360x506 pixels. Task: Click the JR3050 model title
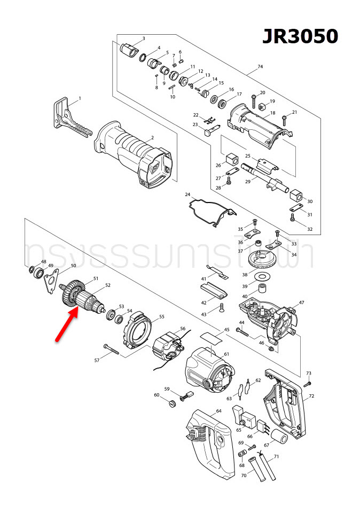(x=300, y=36)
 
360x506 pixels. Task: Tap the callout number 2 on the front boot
(x=152, y=138)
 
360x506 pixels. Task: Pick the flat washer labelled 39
(x=262, y=277)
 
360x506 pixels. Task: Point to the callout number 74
(x=260, y=67)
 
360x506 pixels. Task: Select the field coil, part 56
(x=169, y=349)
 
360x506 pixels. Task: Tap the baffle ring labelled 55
(x=138, y=330)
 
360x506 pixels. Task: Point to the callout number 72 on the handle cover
(x=312, y=396)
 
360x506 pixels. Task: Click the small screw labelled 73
(x=307, y=384)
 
